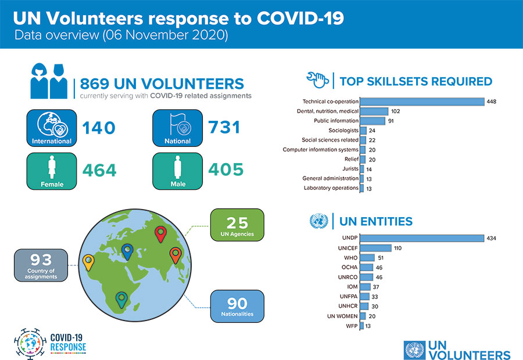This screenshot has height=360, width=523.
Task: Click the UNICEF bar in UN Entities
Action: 375,248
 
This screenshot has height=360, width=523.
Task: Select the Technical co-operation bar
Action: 422,102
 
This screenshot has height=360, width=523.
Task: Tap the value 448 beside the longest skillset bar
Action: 492,102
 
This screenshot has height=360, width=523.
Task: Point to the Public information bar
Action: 372,121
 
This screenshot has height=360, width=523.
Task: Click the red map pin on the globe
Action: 162,235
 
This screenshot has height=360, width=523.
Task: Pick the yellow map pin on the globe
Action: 88,262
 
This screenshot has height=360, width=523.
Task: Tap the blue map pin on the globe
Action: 127,251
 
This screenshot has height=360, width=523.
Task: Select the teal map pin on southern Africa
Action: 121,299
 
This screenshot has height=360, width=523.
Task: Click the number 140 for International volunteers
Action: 99,127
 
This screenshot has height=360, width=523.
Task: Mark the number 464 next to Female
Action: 99,170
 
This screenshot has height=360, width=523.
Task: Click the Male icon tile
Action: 177,171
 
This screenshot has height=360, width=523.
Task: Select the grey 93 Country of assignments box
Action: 41,265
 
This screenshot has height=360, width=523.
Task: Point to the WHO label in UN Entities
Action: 351,258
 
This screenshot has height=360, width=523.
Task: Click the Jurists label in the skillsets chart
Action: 350,168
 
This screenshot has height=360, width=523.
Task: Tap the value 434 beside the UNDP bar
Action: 490,238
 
